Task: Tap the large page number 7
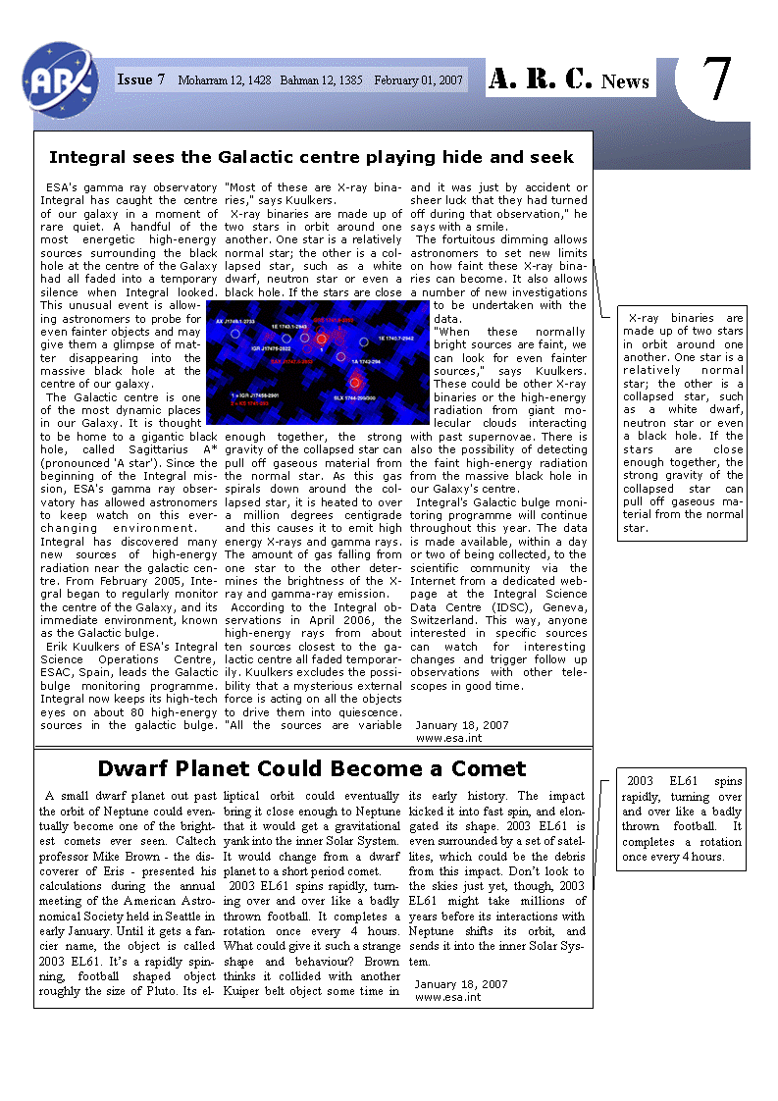click(x=718, y=79)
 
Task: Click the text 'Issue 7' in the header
click(x=141, y=79)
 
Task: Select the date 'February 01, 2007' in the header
click(x=417, y=80)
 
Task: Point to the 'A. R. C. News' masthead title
click(x=569, y=80)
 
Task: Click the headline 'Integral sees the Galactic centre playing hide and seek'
click(x=312, y=157)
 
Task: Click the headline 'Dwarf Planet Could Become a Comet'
click(x=312, y=768)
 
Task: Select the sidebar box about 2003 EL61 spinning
click(x=682, y=818)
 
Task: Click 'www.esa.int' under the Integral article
click(x=448, y=738)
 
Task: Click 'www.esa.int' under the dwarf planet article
click(x=447, y=997)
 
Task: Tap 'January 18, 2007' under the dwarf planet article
click(x=461, y=983)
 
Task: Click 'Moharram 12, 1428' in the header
click(x=223, y=80)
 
